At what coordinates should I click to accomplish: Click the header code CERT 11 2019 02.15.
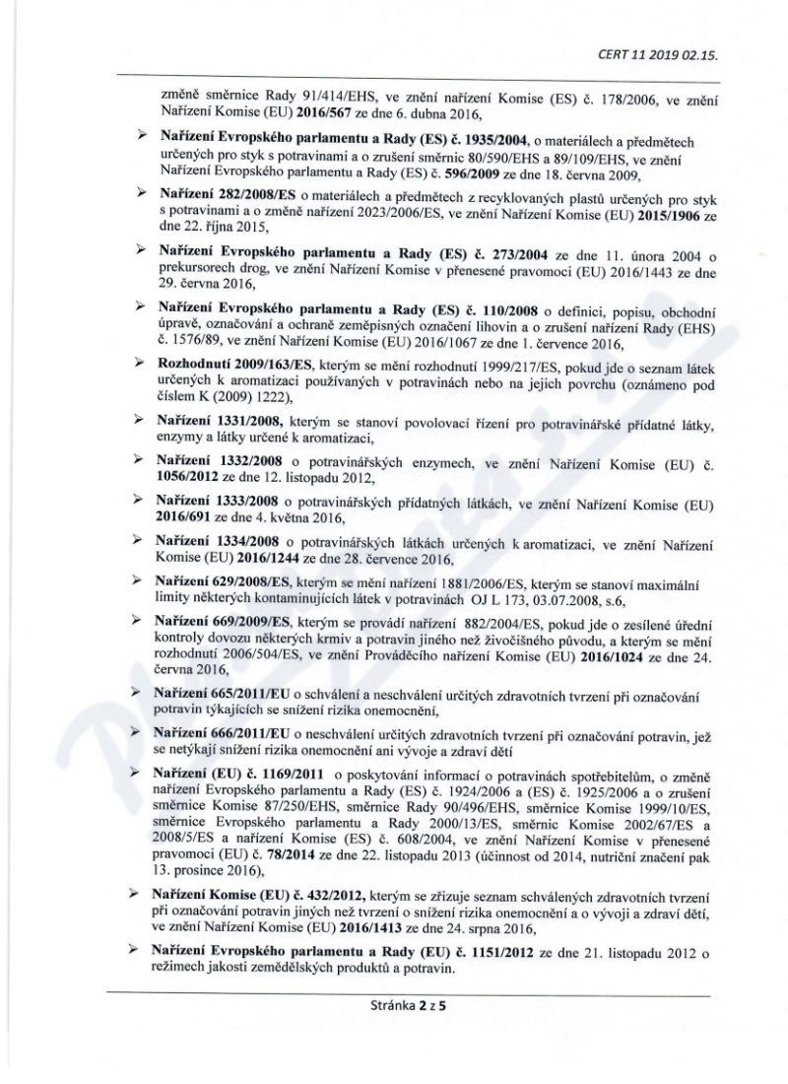coord(666,55)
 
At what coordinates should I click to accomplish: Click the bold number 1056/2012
coord(184,475)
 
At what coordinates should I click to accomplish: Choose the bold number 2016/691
coord(184,514)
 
